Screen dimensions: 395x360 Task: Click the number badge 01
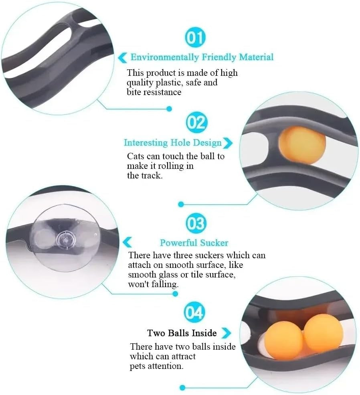[195, 38]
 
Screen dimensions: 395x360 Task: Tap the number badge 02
[196, 122]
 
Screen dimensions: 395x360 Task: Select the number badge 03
[195, 223]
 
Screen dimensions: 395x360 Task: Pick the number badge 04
[194, 312]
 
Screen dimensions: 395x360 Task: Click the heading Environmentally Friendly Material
[202, 57]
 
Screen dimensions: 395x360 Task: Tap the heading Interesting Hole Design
[172, 143]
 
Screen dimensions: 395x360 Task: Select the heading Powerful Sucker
[194, 243]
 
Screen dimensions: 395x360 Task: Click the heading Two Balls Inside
[182, 333]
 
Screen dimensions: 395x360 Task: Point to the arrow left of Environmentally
[123, 58]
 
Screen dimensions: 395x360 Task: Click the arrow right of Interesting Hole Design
[228, 143]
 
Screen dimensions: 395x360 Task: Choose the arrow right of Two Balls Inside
[226, 333]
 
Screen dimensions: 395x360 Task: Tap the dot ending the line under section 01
[169, 108]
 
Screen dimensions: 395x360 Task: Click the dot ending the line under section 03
[175, 294]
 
